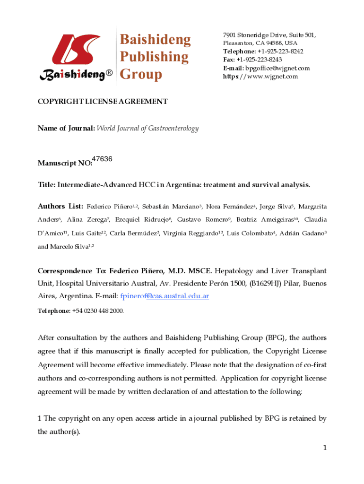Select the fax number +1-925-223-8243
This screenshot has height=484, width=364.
[x=259, y=60]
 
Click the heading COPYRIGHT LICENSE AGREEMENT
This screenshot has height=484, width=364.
[x=103, y=102]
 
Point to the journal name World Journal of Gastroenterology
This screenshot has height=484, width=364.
[x=148, y=129]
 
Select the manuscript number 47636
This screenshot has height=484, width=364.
[x=102, y=159]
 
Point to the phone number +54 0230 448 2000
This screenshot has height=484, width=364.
[x=98, y=311]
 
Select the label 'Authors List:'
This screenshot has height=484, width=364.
[x=61, y=207]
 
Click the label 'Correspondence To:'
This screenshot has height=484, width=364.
[x=71, y=271]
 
